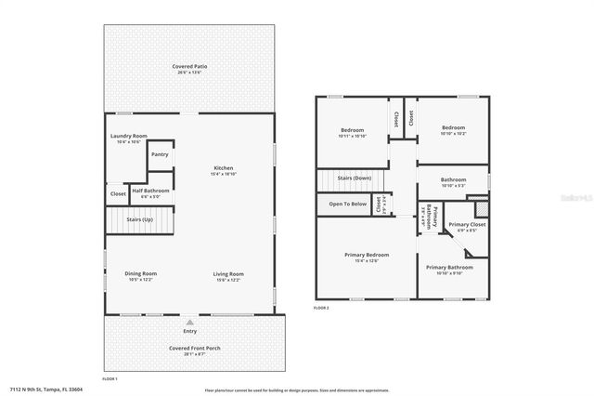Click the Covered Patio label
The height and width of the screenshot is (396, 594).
point(188,67)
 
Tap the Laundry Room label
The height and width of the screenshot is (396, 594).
point(129,136)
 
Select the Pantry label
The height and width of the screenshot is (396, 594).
point(160,154)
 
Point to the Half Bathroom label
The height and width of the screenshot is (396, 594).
point(149,190)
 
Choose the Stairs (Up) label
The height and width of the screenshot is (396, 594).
point(137,220)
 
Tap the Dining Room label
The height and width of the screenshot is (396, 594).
point(141,273)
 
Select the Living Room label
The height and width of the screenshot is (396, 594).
point(228,273)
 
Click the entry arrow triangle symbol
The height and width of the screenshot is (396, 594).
point(190,322)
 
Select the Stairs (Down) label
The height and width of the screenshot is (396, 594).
point(354,178)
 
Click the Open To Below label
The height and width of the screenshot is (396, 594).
point(348,204)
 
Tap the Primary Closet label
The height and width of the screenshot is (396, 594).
point(467,225)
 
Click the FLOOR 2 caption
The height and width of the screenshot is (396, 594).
point(321,307)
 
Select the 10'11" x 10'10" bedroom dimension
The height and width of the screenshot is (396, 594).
point(352,136)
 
